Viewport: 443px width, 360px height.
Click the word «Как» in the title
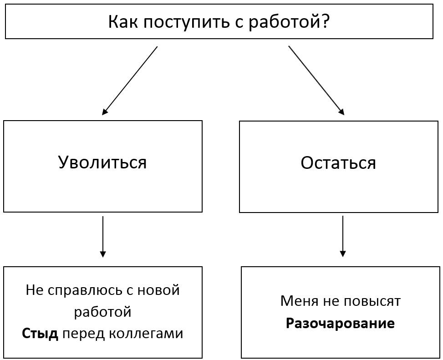tap(123, 22)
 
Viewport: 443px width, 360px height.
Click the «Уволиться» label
tap(102, 162)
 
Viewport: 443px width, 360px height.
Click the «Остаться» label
tap(338, 162)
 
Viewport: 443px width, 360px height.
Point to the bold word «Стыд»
tap(40, 334)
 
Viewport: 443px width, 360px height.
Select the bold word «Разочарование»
tap(340, 323)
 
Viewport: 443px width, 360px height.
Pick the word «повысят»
tap(372, 301)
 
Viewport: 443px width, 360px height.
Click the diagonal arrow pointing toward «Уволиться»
tap(130, 81)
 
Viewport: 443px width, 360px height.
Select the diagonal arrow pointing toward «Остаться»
tap(316, 81)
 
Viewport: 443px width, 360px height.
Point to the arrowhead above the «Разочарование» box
tap(343, 254)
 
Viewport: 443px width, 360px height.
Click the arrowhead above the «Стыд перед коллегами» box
tap(103, 254)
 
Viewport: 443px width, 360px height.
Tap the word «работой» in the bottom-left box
tap(102, 312)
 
